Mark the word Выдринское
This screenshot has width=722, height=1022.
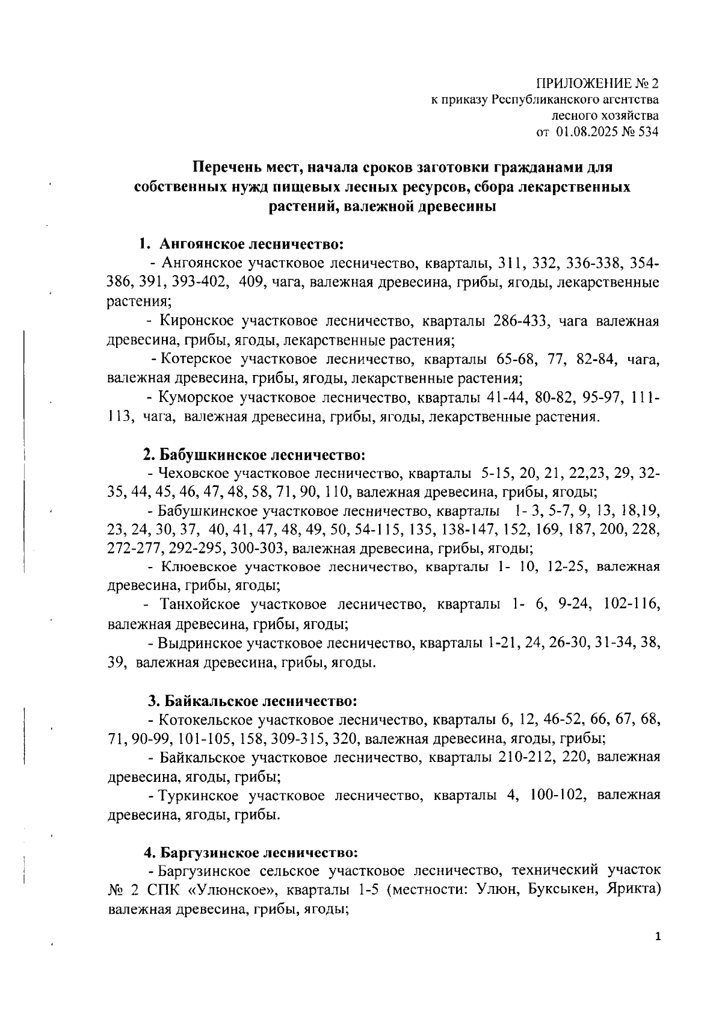coord(200,642)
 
